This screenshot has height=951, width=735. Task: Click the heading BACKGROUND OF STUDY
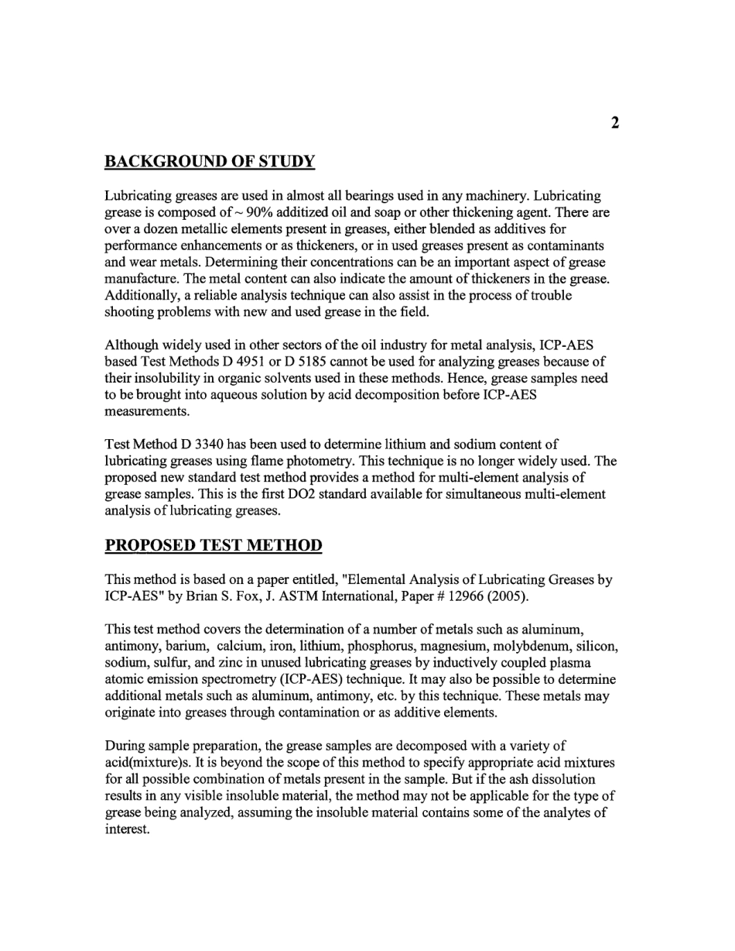tap(210, 163)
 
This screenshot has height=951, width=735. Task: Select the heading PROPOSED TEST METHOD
tap(213, 545)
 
